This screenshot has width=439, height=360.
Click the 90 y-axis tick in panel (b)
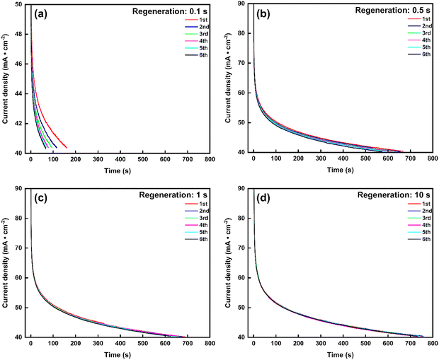click(x=244, y=4)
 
